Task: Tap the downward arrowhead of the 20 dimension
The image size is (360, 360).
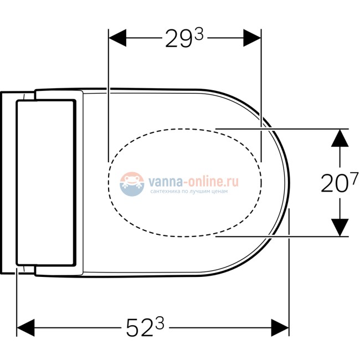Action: (340, 227)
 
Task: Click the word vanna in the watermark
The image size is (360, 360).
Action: (162, 181)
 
